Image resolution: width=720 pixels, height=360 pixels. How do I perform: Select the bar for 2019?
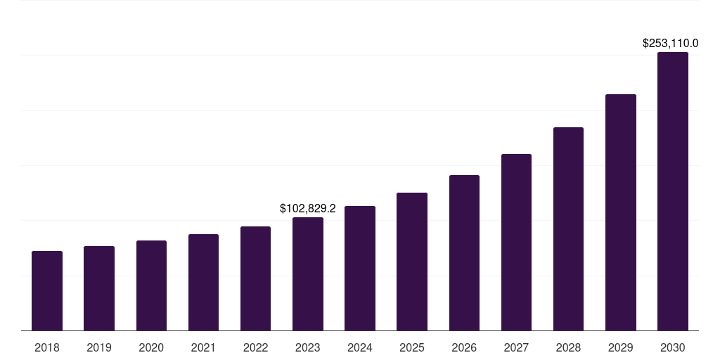99,288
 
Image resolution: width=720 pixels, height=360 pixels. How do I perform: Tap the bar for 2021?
203,282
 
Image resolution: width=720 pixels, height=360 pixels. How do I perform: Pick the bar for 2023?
308,274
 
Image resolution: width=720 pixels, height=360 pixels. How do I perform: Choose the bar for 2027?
516,242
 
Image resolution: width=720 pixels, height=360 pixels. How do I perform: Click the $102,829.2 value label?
308,208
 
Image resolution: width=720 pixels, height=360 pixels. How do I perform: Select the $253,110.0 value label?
670,43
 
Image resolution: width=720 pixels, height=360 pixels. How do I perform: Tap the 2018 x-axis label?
47,347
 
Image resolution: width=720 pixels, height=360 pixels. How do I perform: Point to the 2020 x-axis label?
151,347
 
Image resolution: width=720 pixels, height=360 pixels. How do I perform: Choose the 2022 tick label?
255,347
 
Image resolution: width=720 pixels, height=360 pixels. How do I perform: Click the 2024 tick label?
360,347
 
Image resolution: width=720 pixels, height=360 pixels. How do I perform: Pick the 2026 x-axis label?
464,347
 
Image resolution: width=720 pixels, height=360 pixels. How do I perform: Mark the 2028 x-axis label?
568,347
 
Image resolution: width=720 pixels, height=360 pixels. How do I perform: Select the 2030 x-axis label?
673,347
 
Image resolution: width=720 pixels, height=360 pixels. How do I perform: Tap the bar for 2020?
151,285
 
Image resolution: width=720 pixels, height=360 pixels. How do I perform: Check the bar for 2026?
464,252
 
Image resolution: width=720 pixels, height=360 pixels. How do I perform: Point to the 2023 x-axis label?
308,347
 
